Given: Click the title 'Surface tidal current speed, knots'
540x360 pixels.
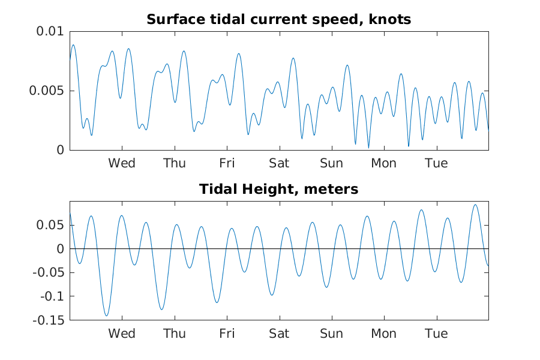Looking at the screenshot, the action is tap(278, 19).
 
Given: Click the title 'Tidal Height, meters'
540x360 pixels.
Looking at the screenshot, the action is tap(278, 189).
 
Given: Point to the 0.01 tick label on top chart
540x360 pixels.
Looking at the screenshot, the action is tap(50, 31).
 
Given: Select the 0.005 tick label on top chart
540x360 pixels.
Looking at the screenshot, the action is tap(47, 91).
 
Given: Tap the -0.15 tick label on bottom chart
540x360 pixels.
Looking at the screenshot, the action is tap(49, 320).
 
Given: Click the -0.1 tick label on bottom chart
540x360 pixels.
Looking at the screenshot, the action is tap(52, 296).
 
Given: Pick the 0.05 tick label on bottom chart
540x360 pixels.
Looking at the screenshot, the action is tap(50, 225).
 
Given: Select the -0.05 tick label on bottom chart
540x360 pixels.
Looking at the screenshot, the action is tap(49, 272).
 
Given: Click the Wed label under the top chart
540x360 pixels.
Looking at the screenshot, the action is tap(122, 163).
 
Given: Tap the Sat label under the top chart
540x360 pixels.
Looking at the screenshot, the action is tap(279, 163).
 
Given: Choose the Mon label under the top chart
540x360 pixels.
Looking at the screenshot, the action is tap(384, 163).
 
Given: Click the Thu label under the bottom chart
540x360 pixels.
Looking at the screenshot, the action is tap(175, 334).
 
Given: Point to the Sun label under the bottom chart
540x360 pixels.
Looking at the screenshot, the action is tap(332, 334).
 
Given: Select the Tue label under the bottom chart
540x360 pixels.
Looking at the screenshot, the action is tap(437, 334).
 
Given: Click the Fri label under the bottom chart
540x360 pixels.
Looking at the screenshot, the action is tap(227, 334).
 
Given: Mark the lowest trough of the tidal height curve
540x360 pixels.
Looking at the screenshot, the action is tap(106, 316).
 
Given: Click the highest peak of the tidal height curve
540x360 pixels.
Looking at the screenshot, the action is tap(476, 205).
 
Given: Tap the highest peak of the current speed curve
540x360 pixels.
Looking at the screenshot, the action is tap(73, 45).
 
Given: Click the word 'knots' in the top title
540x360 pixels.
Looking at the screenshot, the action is tap(390, 19).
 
